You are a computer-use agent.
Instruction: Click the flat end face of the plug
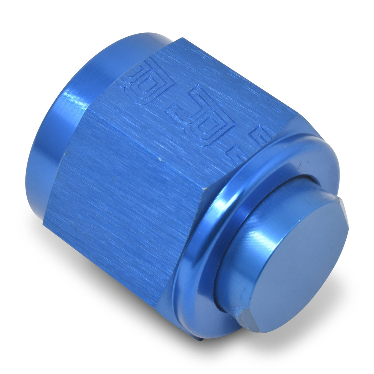tap(296, 262)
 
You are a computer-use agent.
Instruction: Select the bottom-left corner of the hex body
tap(45, 216)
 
